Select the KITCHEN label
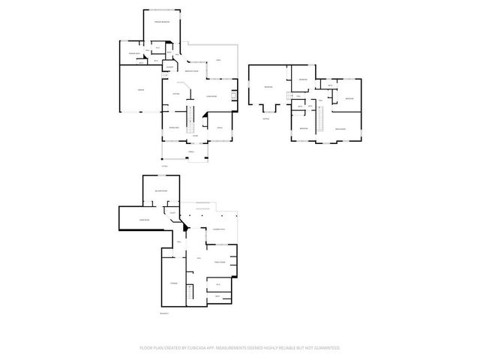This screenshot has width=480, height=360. tap(175, 93)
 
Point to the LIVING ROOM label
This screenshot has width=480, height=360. tap(211, 96)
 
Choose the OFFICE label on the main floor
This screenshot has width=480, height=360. tap(220, 128)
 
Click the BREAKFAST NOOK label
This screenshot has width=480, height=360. tap(191, 71)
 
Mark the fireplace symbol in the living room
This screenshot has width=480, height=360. tap(235, 94)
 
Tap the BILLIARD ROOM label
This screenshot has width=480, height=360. tap(160, 191)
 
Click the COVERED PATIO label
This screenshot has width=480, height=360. tap(219, 228)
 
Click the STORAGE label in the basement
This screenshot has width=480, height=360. tap(173, 283)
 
